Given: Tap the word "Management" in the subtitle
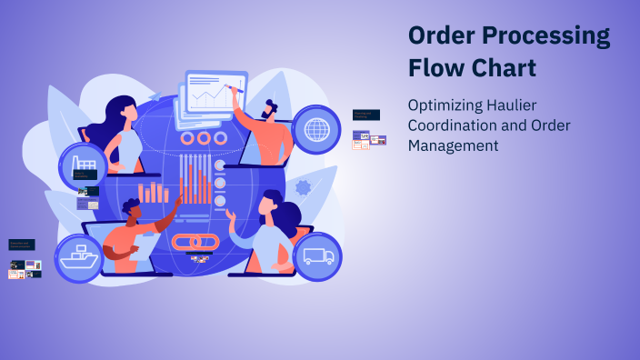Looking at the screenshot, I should pos(453,145).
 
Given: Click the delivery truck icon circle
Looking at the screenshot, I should pos(317,256).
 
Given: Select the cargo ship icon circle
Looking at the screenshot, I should pos(79,258).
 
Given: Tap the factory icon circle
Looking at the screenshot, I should pos(88,165).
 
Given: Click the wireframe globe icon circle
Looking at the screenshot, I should pos(317,129).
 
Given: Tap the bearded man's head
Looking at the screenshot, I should pos(270,109).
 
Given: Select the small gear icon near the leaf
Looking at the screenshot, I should pos(303,188).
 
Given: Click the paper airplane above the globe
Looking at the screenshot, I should pos(155,96).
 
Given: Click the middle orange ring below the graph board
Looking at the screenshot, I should pos(204,138).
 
